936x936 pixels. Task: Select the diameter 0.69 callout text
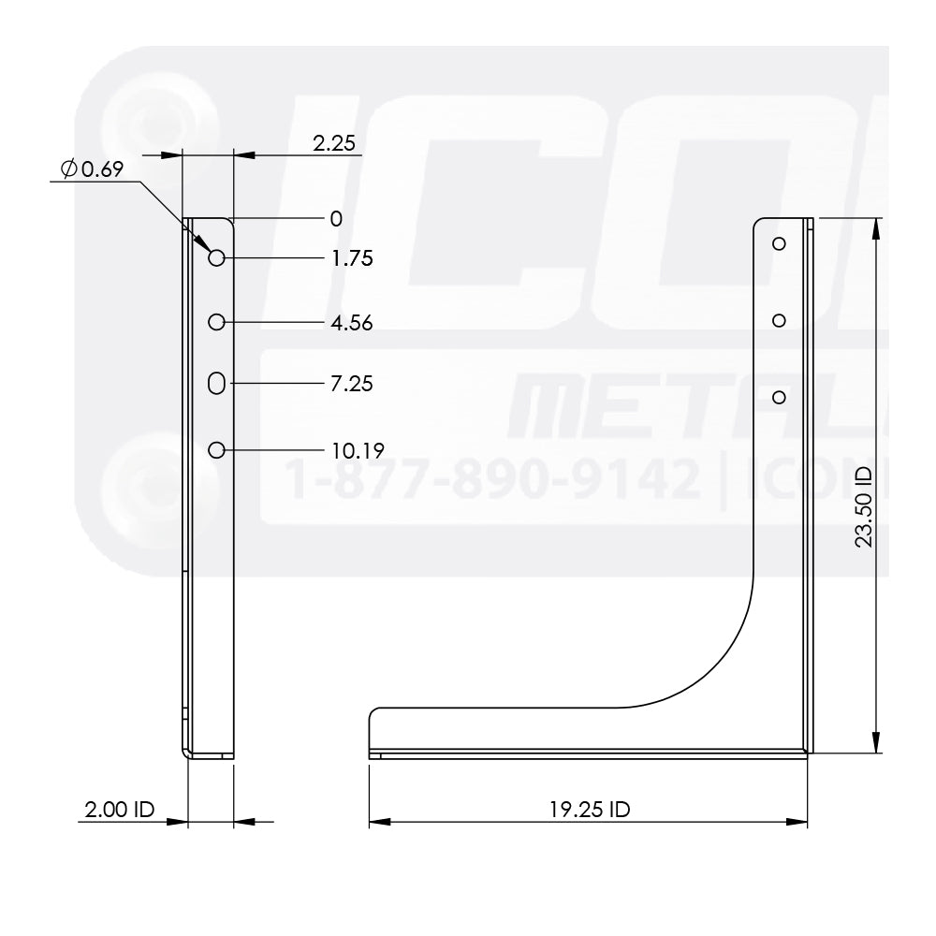[92, 169]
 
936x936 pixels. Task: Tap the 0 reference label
[336, 219]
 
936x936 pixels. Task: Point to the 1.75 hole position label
[352, 258]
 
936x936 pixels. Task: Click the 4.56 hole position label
[352, 323]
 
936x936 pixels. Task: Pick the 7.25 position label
[352, 384]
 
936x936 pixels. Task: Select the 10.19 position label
[357, 450]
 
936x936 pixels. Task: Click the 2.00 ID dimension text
[119, 810]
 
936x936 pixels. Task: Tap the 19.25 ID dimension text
[589, 810]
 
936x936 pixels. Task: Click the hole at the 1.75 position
[216, 258]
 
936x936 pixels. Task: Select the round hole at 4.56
[216, 322]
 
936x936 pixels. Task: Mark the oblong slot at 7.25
[216, 383]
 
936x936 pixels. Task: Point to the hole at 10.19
[216, 450]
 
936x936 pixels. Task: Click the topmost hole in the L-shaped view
[779, 243]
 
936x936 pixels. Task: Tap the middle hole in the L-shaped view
[779, 320]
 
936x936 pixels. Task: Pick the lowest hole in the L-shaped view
[779, 398]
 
